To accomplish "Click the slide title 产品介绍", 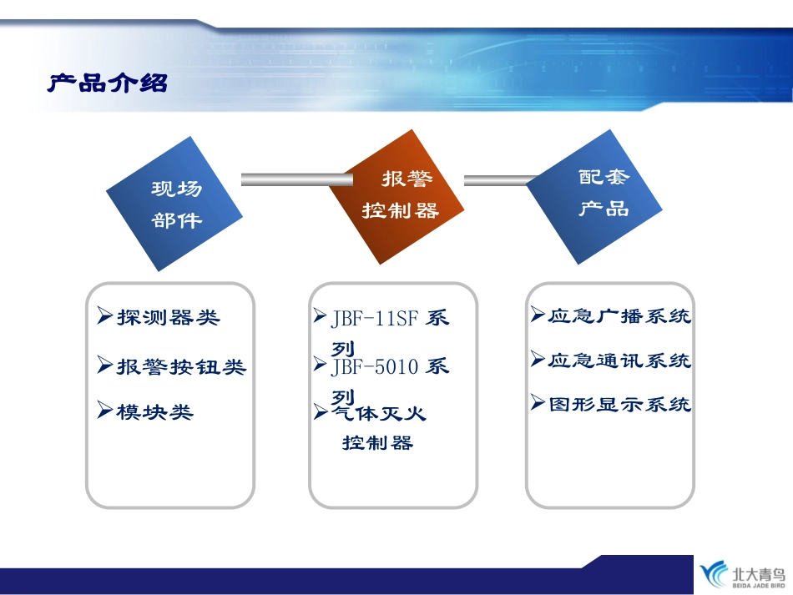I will click(x=107, y=83).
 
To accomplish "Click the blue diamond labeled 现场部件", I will click(x=175, y=204).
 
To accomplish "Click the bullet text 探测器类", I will click(x=168, y=317).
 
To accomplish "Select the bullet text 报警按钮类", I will click(x=181, y=366).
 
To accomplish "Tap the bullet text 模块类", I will click(x=155, y=411).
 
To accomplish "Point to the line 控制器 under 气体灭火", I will click(x=377, y=443).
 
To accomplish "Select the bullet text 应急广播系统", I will click(x=619, y=316).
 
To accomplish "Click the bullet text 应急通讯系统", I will click(x=619, y=361).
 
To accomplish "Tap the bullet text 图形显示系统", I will click(x=619, y=405).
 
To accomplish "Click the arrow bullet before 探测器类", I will click(x=104, y=315).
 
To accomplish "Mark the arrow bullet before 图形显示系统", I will click(x=538, y=403).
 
